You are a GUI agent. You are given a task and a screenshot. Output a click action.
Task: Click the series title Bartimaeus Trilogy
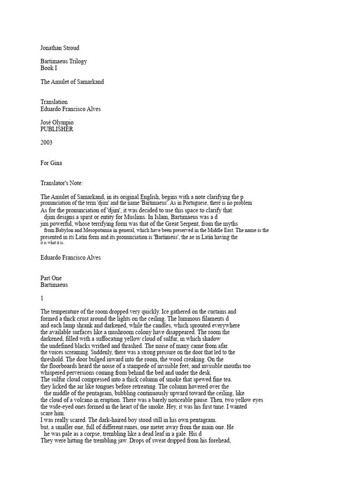click(x=63, y=61)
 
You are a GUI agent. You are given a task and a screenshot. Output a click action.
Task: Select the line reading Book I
click(x=49, y=68)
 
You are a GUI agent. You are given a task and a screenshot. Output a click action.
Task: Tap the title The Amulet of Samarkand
click(x=72, y=82)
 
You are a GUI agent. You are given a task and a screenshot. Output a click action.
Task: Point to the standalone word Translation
click(x=54, y=102)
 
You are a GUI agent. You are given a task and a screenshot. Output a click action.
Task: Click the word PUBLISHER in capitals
click(x=57, y=129)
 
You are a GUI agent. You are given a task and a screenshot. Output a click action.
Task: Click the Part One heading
click(x=51, y=278)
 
